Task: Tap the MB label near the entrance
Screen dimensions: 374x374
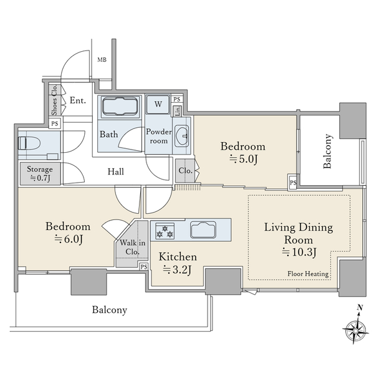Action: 102,60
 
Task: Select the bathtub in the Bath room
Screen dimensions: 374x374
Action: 120,107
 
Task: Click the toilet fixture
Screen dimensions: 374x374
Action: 29,143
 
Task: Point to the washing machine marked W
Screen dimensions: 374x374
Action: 158,105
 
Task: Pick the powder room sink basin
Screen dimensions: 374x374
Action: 182,136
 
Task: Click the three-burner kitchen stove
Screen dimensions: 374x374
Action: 165,231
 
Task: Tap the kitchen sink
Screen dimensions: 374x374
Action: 203,229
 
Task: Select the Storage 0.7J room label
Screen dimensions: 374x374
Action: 40,173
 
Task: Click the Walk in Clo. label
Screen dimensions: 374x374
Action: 132,247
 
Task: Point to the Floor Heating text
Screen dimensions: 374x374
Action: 308,274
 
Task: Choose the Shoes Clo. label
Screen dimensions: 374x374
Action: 55,100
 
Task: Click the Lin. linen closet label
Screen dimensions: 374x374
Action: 178,111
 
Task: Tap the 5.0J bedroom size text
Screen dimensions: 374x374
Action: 244,159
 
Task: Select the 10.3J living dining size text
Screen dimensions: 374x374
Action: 299,252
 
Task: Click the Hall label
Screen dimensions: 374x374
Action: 116,171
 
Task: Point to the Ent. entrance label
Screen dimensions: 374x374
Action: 78,100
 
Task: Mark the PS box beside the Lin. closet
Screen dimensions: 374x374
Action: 177,99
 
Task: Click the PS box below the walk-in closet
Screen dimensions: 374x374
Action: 144,267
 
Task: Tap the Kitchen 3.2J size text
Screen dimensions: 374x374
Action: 178,270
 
